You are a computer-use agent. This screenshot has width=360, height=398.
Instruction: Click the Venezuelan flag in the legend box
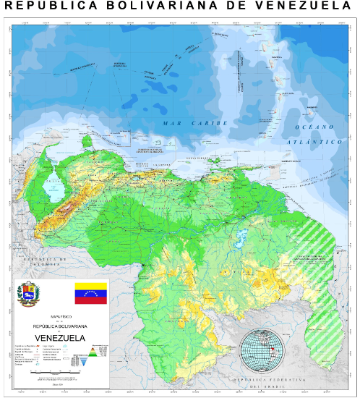[x=90, y=294]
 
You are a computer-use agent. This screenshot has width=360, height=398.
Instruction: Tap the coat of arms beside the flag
[x=30, y=295]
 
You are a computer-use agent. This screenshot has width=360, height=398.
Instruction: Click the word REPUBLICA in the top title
[x=47, y=7]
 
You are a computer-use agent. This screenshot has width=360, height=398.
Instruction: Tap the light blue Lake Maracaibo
[x=53, y=190]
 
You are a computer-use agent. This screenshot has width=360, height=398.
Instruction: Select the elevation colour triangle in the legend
[x=90, y=355]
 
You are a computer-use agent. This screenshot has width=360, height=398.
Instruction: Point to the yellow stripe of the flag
[x=90, y=287]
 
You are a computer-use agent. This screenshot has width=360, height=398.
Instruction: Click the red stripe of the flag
[x=90, y=300]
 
